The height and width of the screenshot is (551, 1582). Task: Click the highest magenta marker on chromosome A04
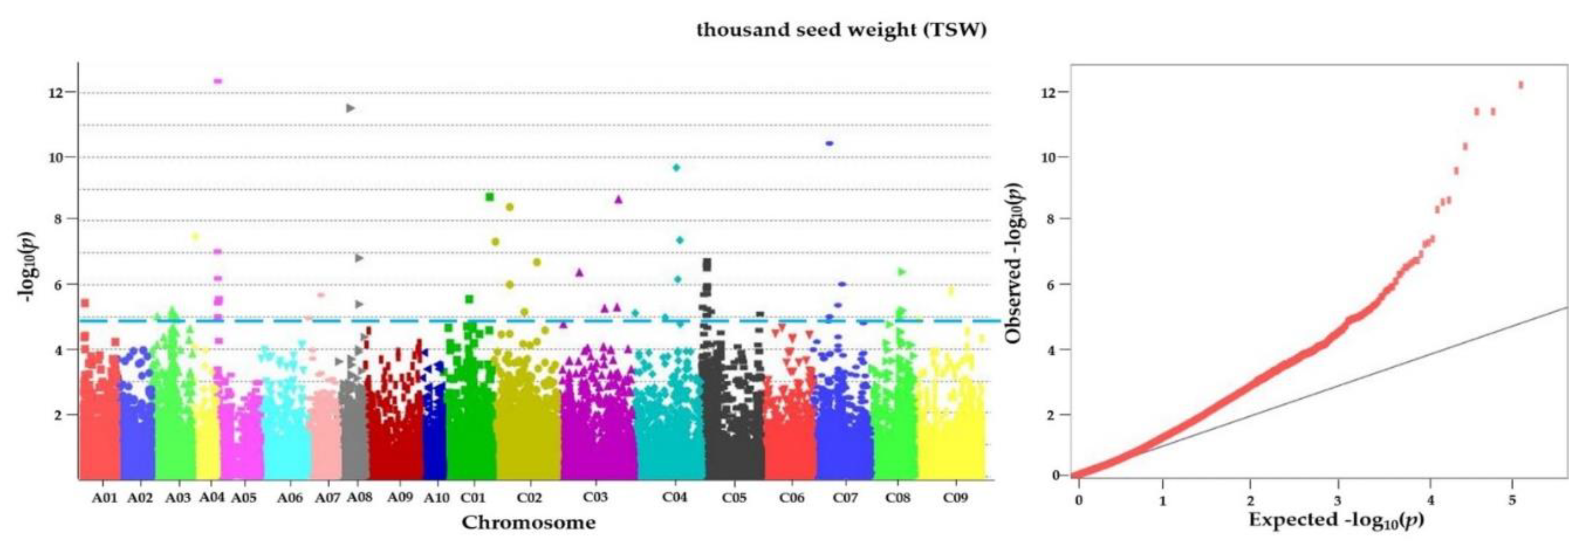pyautogui.click(x=217, y=80)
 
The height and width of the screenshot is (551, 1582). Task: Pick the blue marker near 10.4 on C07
pyautogui.click(x=829, y=143)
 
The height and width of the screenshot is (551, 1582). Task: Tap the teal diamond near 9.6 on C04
pyautogui.click(x=676, y=167)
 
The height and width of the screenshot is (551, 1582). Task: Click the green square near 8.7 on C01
pyautogui.click(x=489, y=197)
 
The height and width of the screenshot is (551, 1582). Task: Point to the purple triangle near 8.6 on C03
pyautogui.click(x=618, y=199)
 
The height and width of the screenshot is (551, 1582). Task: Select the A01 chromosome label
pyautogui.click(x=104, y=497)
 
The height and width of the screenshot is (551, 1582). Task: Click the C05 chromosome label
pyautogui.click(x=734, y=497)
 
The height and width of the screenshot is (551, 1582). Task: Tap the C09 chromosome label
pyautogui.click(x=955, y=497)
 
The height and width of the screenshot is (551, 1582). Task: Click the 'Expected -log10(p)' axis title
pyautogui.click(x=1336, y=520)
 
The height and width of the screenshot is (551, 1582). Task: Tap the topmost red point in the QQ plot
pyautogui.click(x=1521, y=85)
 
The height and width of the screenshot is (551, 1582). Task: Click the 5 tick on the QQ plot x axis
pyautogui.click(x=1512, y=500)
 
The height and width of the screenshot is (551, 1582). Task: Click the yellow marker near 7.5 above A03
pyautogui.click(x=195, y=236)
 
